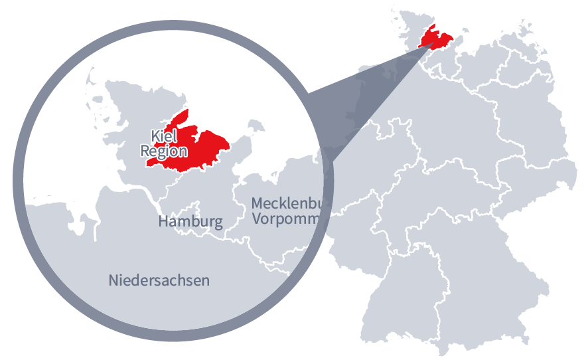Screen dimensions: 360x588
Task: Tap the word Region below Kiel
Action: coord(164,151)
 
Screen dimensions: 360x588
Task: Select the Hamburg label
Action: coord(190,222)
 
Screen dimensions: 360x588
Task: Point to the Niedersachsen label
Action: coord(159,280)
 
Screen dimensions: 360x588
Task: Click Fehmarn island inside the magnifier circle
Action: coord(252,126)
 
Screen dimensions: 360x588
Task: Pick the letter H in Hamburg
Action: coord(163,222)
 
